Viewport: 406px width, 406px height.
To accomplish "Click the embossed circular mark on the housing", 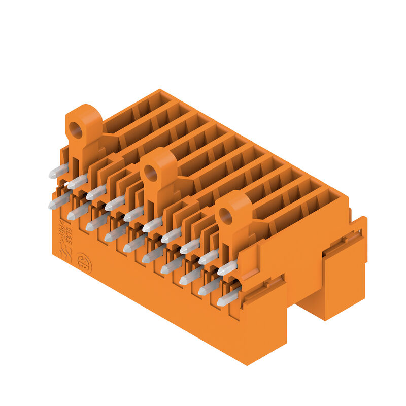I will [x=84, y=263].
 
